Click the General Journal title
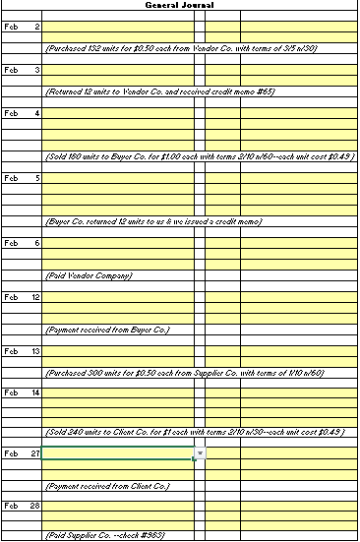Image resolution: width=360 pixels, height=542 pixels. pyautogui.click(x=179, y=5)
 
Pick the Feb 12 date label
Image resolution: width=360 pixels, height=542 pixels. pyautogui.click(x=23, y=297)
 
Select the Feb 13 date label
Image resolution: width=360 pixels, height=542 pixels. pyautogui.click(x=23, y=351)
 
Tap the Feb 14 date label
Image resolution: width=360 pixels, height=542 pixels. pyautogui.click(x=23, y=392)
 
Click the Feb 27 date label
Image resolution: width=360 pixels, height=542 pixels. pyautogui.click(x=23, y=452)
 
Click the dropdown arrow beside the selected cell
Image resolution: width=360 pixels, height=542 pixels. pyautogui.click(x=200, y=453)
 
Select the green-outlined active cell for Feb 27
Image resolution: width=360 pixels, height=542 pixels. pyautogui.click(x=118, y=453)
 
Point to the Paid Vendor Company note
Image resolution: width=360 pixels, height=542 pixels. pyautogui.click(x=89, y=275)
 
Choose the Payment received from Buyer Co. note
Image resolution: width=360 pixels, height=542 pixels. pyautogui.click(x=107, y=329)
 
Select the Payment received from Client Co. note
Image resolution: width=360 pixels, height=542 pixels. pyautogui.click(x=107, y=486)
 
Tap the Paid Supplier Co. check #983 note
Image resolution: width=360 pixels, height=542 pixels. pyautogui.click(x=110, y=535)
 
